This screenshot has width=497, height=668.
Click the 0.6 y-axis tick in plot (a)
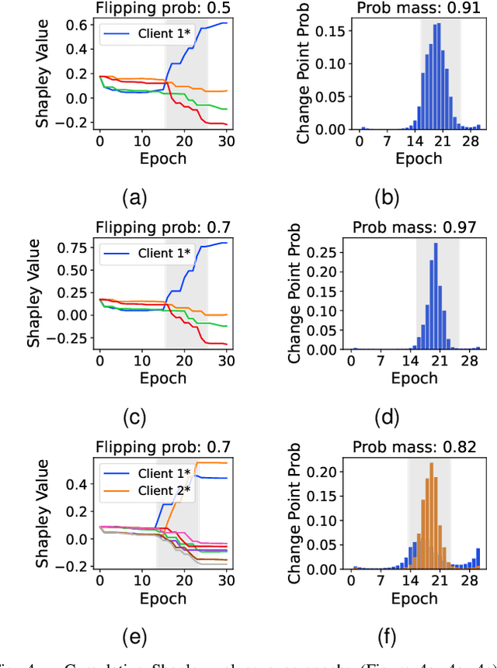point(76,25)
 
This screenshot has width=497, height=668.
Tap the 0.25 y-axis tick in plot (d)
point(326,252)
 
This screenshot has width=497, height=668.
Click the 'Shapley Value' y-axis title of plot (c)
point(36,296)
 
